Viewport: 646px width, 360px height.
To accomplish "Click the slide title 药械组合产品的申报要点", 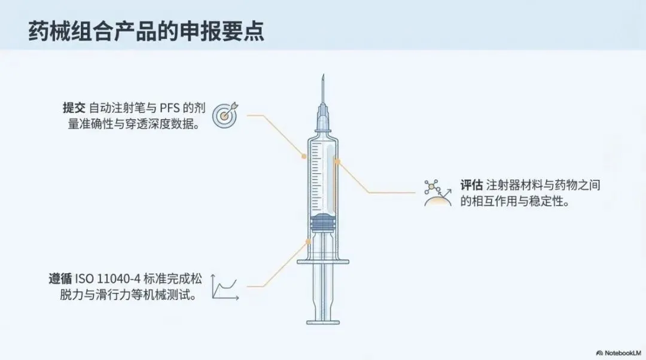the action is [147, 31].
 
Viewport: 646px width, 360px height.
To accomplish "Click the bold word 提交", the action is [74, 108].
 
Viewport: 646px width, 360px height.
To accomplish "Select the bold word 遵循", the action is [60, 279].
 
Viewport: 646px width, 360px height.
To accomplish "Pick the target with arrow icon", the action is [227, 115].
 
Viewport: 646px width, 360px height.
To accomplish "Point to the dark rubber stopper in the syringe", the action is [323, 221].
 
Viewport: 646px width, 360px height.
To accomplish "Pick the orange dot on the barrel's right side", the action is [338, 161].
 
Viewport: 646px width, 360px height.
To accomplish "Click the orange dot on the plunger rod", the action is [309, 242].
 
